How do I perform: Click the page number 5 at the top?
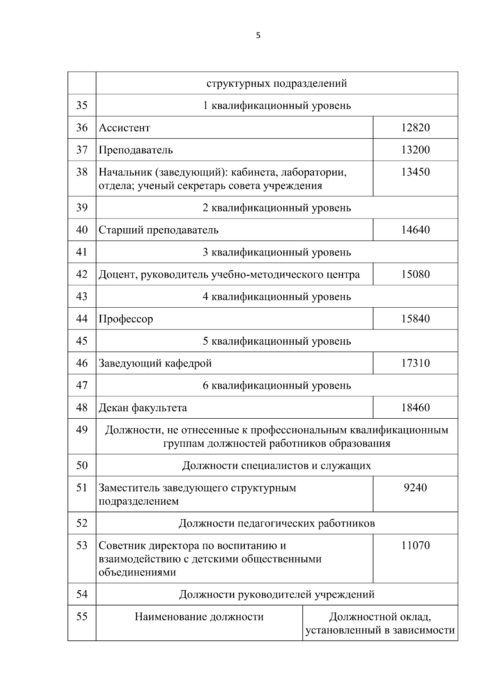tap(258, 36)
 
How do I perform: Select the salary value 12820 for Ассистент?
tap(415, 128)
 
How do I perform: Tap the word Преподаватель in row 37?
tap(136, 150)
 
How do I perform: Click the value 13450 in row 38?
tap(415, 172)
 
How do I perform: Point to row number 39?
tap(82, 207)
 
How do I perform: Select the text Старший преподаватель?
tap(159, 230)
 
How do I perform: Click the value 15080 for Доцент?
tap(415, 274)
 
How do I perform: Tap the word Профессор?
tap(126, 319)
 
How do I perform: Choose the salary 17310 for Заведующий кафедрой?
tap(415, 363)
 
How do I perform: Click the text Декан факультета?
tap(143, 408)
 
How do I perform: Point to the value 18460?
tap(415, 408)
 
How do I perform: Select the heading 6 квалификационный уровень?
tap(276, 385)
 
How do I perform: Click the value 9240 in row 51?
tap(415, 488)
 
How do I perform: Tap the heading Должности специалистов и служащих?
tap(276, 466)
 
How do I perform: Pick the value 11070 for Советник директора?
tap(415, 546)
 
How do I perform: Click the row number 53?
tap(82, 545)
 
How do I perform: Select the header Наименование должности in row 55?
tap(199, 617)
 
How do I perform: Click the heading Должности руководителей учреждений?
tap(276, 594)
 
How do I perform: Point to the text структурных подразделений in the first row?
tap(276, 83)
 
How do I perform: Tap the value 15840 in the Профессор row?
tap(415, 319)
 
